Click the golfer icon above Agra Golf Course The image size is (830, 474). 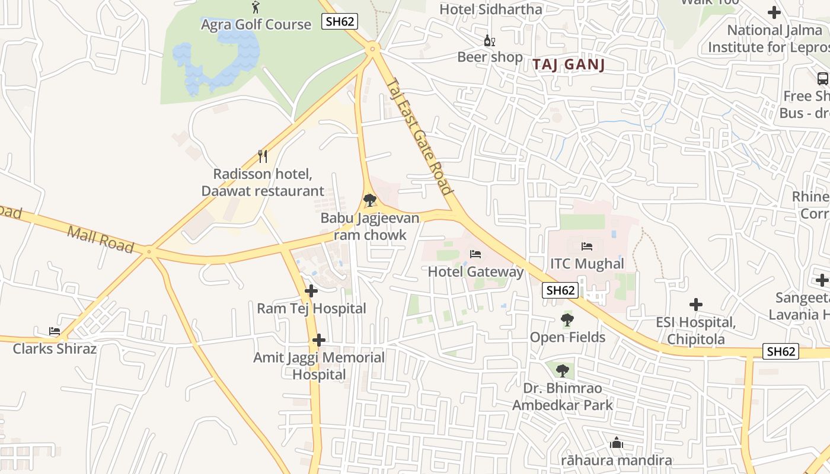click(256, 7)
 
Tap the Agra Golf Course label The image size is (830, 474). click(256, 24)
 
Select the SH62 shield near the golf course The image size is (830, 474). click(340, 21)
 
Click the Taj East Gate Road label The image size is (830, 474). click(419, 137)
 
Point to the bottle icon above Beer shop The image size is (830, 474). click(489, 40)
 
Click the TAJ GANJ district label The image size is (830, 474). click(569, 65)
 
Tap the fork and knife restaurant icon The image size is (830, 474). click(263, 156)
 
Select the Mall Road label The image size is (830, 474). click(100, 239)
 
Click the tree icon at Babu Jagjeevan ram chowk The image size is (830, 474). click(370, 200)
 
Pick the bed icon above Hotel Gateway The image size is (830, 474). click(475, 254)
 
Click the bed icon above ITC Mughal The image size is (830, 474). click(587, 246)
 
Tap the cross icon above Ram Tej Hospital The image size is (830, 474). click(311, 291)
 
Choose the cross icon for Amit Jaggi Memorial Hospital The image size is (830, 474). click(319, 340)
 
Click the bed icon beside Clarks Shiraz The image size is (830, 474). click(55, 331)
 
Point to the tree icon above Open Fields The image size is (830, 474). click(567, 320)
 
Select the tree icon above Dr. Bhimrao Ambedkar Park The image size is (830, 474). click(562, 371)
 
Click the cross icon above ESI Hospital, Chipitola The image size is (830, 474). click(696, 305)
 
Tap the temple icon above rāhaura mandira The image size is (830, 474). click(617, 443)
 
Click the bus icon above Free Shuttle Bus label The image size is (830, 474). click(822, 78)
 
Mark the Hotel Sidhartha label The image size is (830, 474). click(490, 9)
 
